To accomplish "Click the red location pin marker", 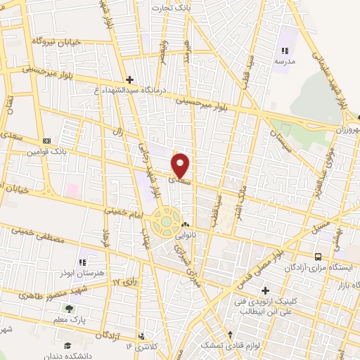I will [x=181, y=165].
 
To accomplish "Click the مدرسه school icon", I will [x=285, y=51].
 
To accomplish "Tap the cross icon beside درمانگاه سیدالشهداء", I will [x=129, y=79].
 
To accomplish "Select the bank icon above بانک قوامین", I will [x=46, y=140].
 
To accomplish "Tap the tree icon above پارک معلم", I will [x=69, y=308].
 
